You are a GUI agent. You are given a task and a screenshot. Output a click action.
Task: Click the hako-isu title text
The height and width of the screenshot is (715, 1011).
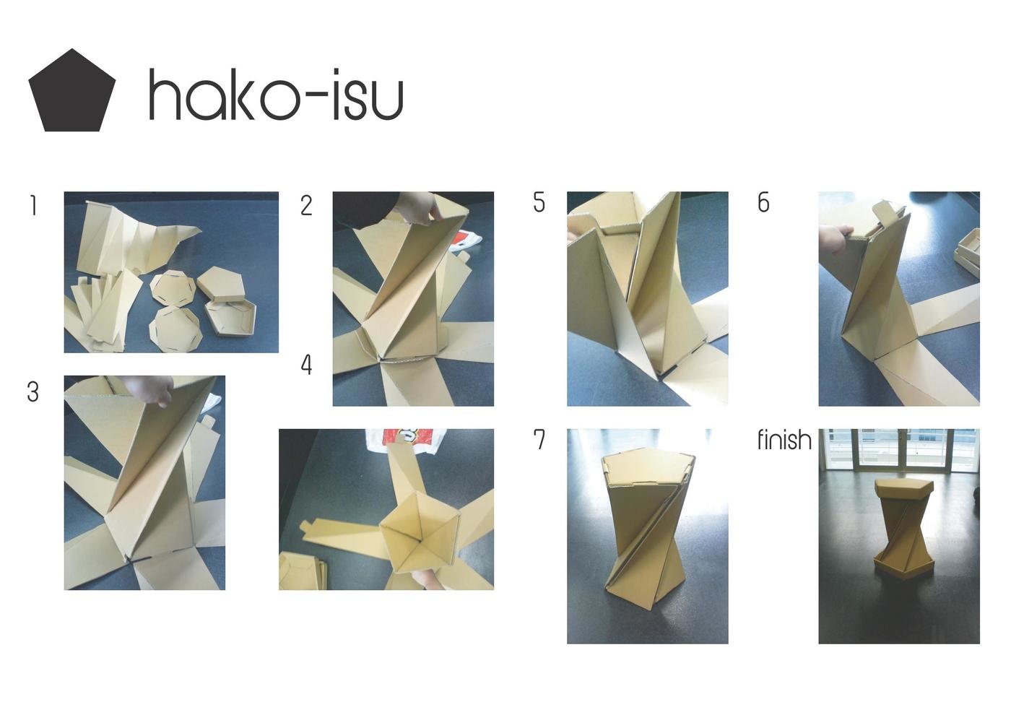click(x=275, y=95)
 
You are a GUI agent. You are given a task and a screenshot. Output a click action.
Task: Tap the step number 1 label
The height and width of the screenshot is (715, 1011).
click(x=32, y=207)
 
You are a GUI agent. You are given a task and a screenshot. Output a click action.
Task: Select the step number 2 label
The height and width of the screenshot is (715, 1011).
click(x=306, y=206)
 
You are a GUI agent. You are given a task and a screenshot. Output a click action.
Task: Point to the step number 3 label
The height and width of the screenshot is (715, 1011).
click(x=32, y=392)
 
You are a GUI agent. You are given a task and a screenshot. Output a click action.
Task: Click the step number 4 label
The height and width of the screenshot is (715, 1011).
click(x=306, y=365)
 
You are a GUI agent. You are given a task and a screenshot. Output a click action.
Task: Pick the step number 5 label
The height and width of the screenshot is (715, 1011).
click(x=539, y=203)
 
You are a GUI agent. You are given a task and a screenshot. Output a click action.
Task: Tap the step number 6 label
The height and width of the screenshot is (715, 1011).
click(x=763, y=203)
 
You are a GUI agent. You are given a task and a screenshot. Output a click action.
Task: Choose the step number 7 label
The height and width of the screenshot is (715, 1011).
click(x=539, y=440)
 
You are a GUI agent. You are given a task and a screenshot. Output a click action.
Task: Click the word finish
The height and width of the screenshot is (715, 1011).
click(x=784, y=440)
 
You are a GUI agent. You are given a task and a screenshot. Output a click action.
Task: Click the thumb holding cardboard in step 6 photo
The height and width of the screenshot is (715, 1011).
click(x=838, y=238)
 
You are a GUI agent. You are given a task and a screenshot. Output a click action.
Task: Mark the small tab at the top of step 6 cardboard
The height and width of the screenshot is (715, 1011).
click(x=886, y=212)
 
